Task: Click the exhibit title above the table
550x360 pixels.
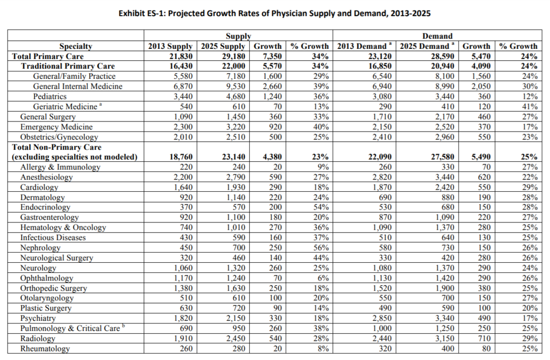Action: click(275, 12)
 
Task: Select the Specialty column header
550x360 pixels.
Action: click(76, 46)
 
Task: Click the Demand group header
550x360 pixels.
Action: click(437, 36)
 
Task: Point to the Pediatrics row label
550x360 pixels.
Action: click(50, 96)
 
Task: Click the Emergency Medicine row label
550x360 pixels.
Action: click(56, 127)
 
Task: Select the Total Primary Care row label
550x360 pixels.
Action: click(48, 56)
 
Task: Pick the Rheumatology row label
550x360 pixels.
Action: click(45, 349)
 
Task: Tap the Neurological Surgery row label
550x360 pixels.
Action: click(56, 258)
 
